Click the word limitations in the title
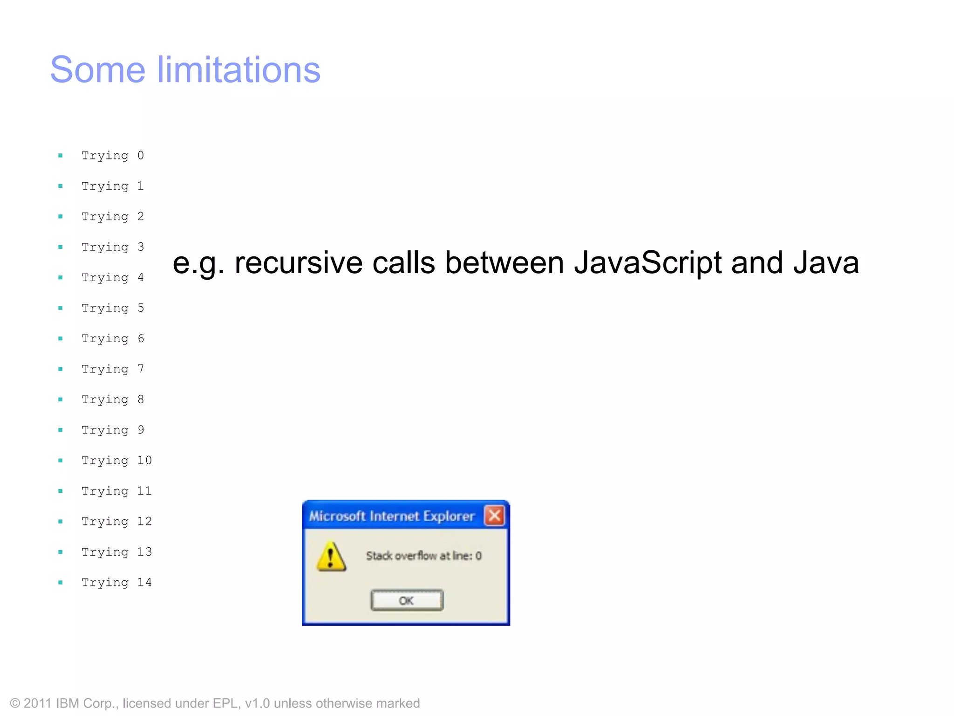point(238,70)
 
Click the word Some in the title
point(97,70)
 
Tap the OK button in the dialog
point(407,600)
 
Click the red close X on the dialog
point(494,516)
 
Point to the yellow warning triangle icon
point(331,557)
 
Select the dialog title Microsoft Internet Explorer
point(392,516)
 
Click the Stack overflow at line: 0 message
point(423,556)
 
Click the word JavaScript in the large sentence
point(648,262)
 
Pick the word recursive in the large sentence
point(299,262)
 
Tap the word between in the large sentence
point(504,262)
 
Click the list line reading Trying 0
point(112,155)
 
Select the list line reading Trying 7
point(112,369)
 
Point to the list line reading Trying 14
point(116,582)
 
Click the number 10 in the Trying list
point(144,461)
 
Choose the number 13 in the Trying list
point(144,552)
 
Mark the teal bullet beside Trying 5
point(61,308)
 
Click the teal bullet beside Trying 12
point(61,522)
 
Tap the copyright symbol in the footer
point(15,703)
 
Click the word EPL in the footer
point(226,703)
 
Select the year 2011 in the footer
point(37,703)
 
